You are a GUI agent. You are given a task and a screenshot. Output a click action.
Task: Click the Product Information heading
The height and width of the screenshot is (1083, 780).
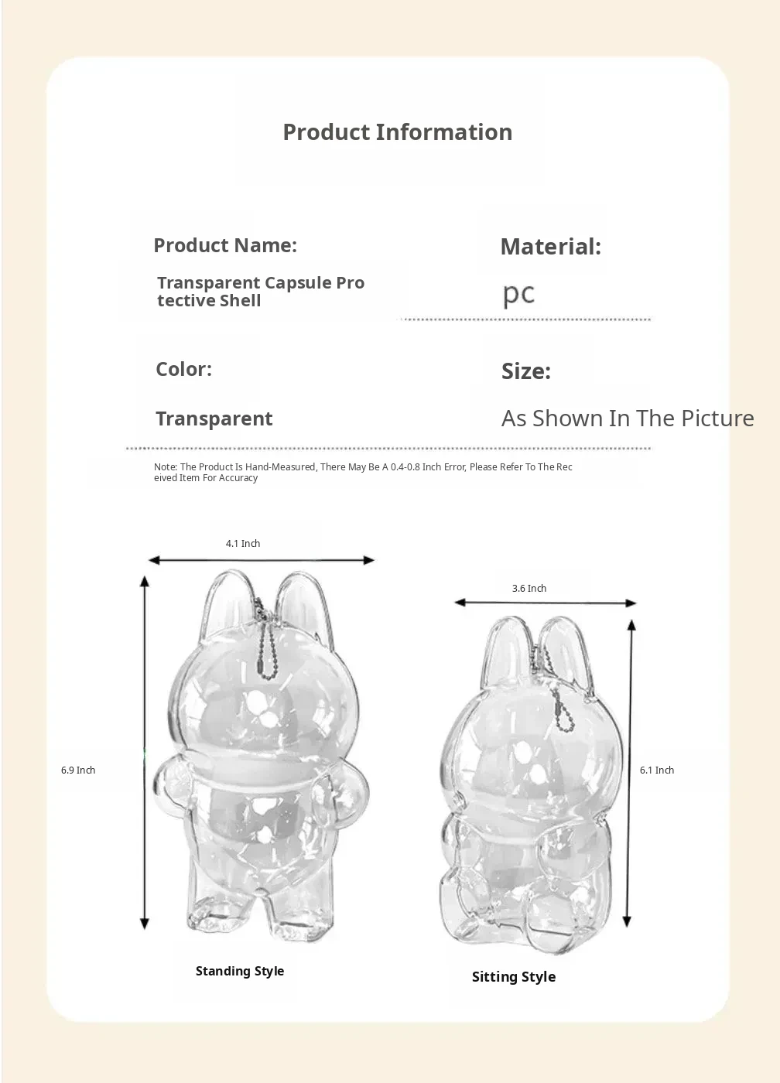(x=397, y=132)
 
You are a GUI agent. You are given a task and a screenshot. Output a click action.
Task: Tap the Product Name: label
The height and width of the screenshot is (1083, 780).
(x=225, y=245)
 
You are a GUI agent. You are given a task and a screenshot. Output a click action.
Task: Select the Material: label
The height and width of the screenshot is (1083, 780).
(x=550, y=247)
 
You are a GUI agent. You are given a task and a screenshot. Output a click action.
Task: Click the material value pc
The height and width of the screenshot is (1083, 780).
(x=518, y=294)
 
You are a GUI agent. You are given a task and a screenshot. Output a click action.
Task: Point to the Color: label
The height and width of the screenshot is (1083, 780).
(x=183, y=369)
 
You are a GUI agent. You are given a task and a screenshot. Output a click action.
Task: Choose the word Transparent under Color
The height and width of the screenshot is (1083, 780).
(x=214, y=419)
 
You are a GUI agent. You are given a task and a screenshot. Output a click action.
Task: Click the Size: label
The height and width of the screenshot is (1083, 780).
(x=525, y=371)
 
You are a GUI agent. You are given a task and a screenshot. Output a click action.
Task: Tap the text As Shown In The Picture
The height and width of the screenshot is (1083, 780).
(x=627, y=419)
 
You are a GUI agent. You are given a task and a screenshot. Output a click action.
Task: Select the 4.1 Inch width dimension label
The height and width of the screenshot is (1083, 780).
(x=243, y=544)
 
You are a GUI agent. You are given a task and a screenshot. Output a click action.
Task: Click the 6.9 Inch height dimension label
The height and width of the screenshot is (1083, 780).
(x=78, y=770)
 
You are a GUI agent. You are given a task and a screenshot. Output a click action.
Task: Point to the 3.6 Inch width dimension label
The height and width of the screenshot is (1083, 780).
(x=529, y=589)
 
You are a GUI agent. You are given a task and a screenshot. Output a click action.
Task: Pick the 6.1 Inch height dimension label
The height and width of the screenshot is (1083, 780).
(x=657, y=770)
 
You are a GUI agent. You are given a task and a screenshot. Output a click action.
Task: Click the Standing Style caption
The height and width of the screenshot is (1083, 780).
(x=240, y=972)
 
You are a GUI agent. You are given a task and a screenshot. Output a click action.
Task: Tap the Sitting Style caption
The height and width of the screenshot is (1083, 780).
(x=514, y=977)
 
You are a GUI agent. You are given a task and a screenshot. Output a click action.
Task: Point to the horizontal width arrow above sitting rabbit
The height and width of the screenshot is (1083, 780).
(x=546, y=603)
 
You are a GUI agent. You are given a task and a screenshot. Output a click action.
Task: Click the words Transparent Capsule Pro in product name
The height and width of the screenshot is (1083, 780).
(x=261, y=283)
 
